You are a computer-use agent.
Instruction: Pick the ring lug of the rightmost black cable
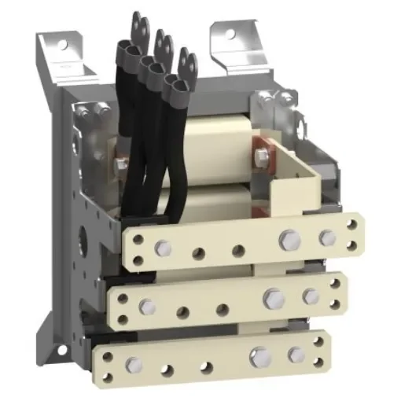coord(186,57)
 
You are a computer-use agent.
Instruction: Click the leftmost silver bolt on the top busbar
coord(163,248)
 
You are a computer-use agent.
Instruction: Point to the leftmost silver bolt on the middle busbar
coord(146,305)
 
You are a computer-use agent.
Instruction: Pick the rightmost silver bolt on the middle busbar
coord(311,296)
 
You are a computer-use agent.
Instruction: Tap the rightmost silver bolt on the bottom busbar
coord(296,353)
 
